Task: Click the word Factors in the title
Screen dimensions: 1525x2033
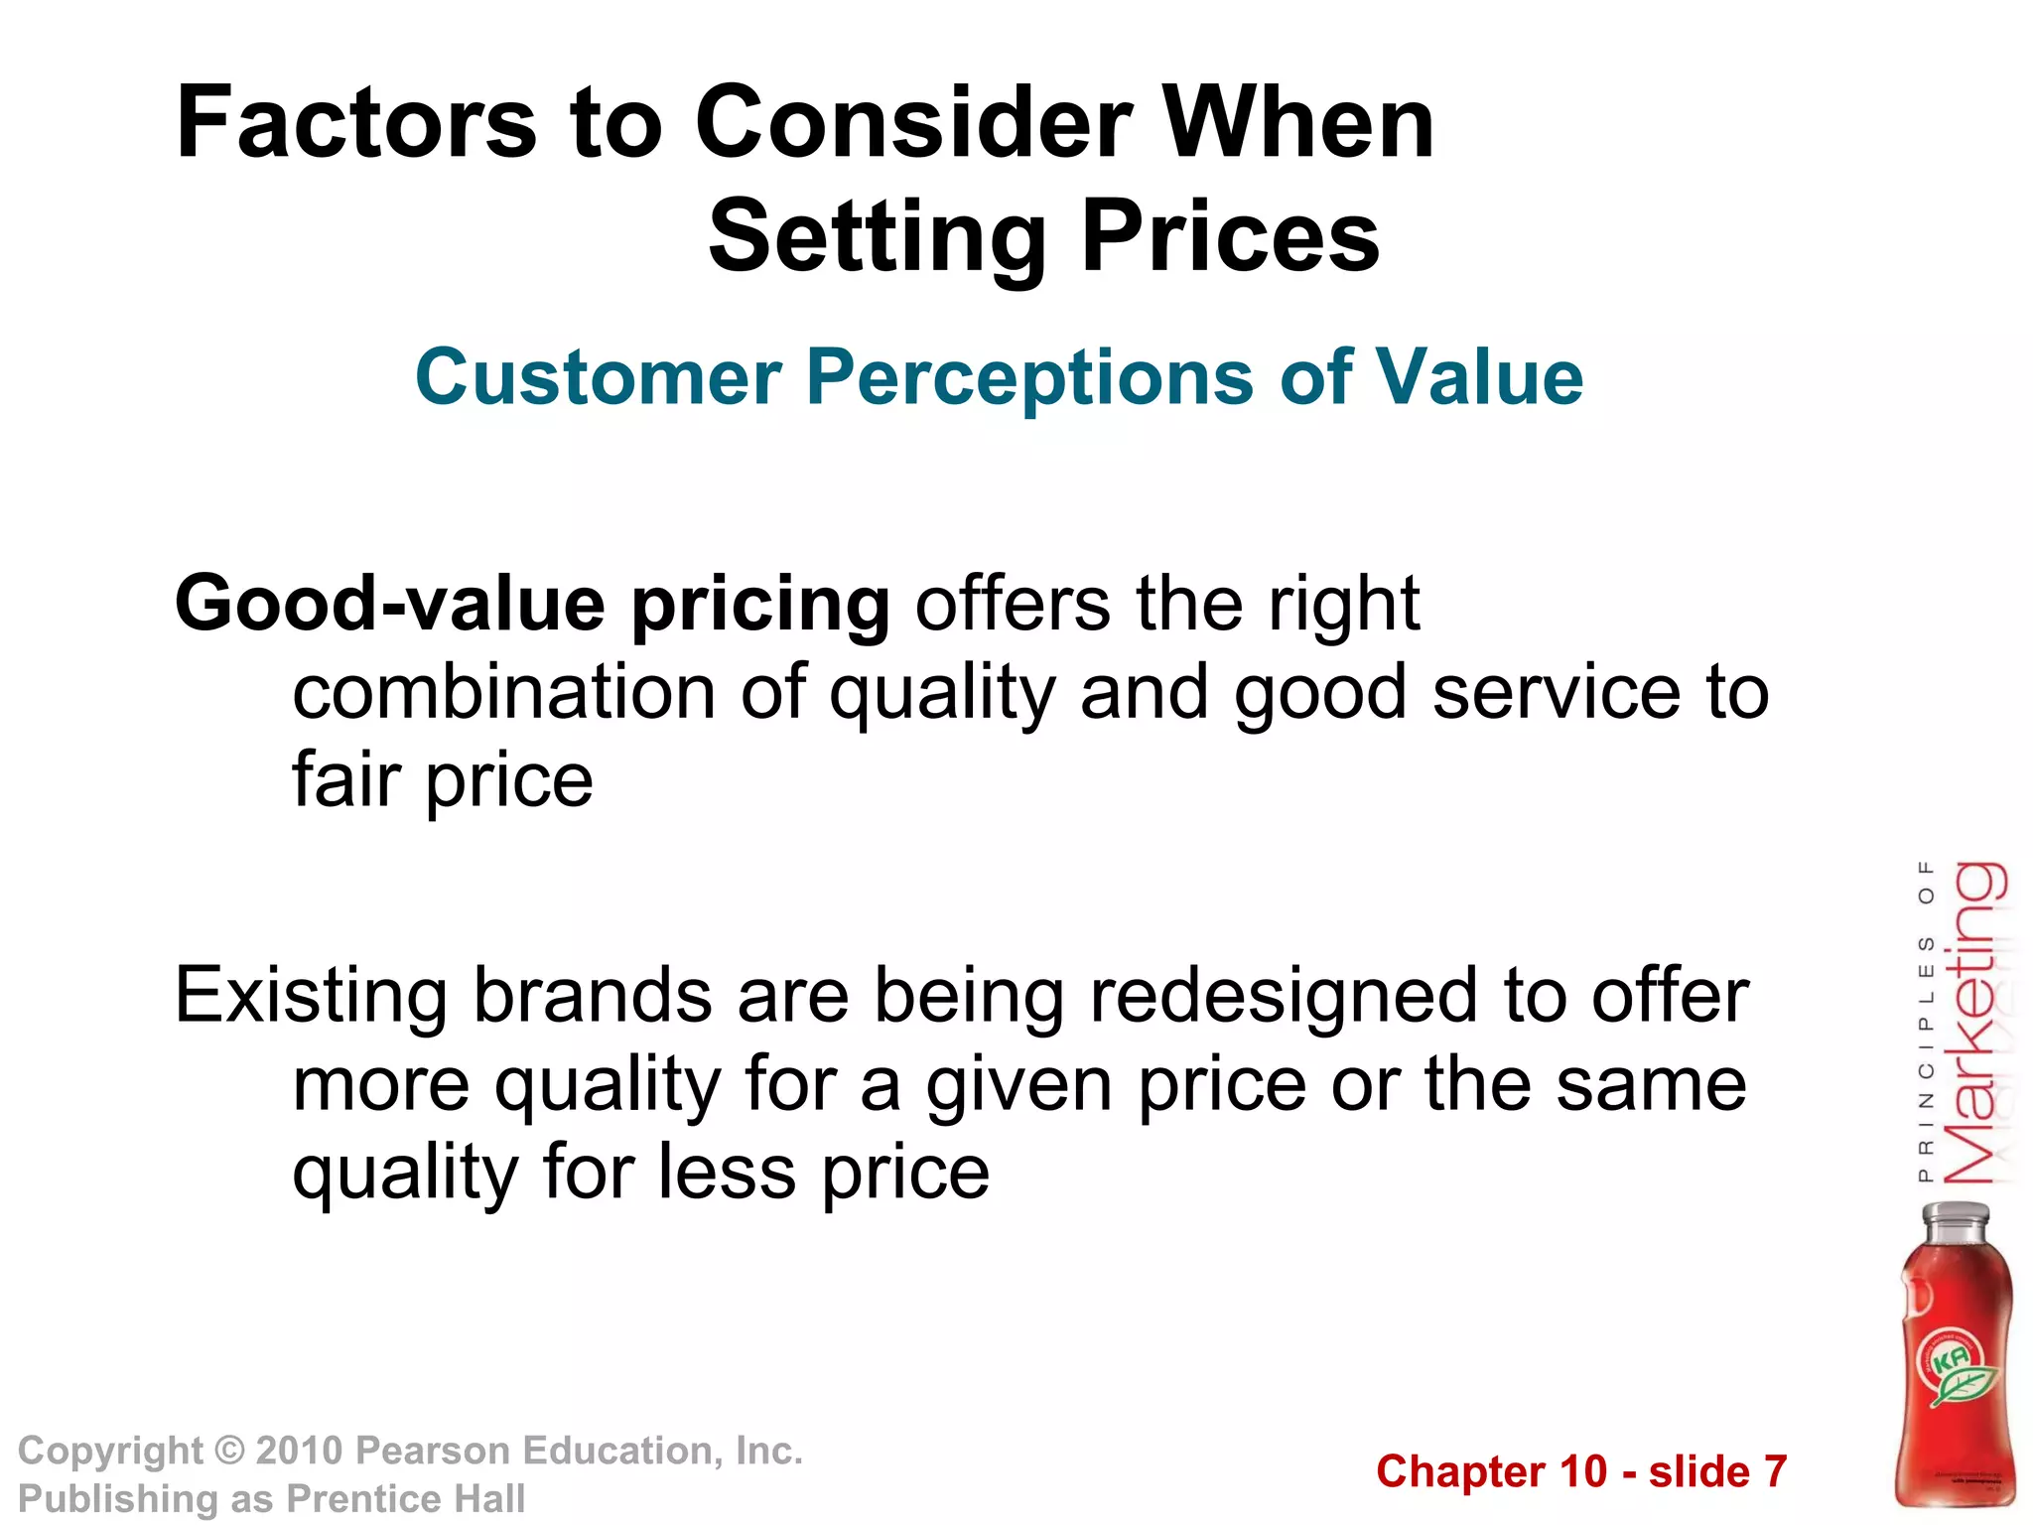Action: pyautogui.click(x=355, y=123)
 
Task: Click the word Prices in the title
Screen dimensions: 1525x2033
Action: pyautogui.click(x=1231, y=236)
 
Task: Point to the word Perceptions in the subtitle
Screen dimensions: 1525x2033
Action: pyautogui.click(x=1029, y=378)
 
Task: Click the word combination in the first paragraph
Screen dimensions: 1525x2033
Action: pyautogui.click(x=503, y=692)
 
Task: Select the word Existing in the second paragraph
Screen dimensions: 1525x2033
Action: pyautogui.click(x=311, y=997)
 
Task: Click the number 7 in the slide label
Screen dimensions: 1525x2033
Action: pyautogui.click(x=1774, y=1471)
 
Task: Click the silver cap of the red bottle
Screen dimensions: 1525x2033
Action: pyautogui.click(x=1956, y=1222)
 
